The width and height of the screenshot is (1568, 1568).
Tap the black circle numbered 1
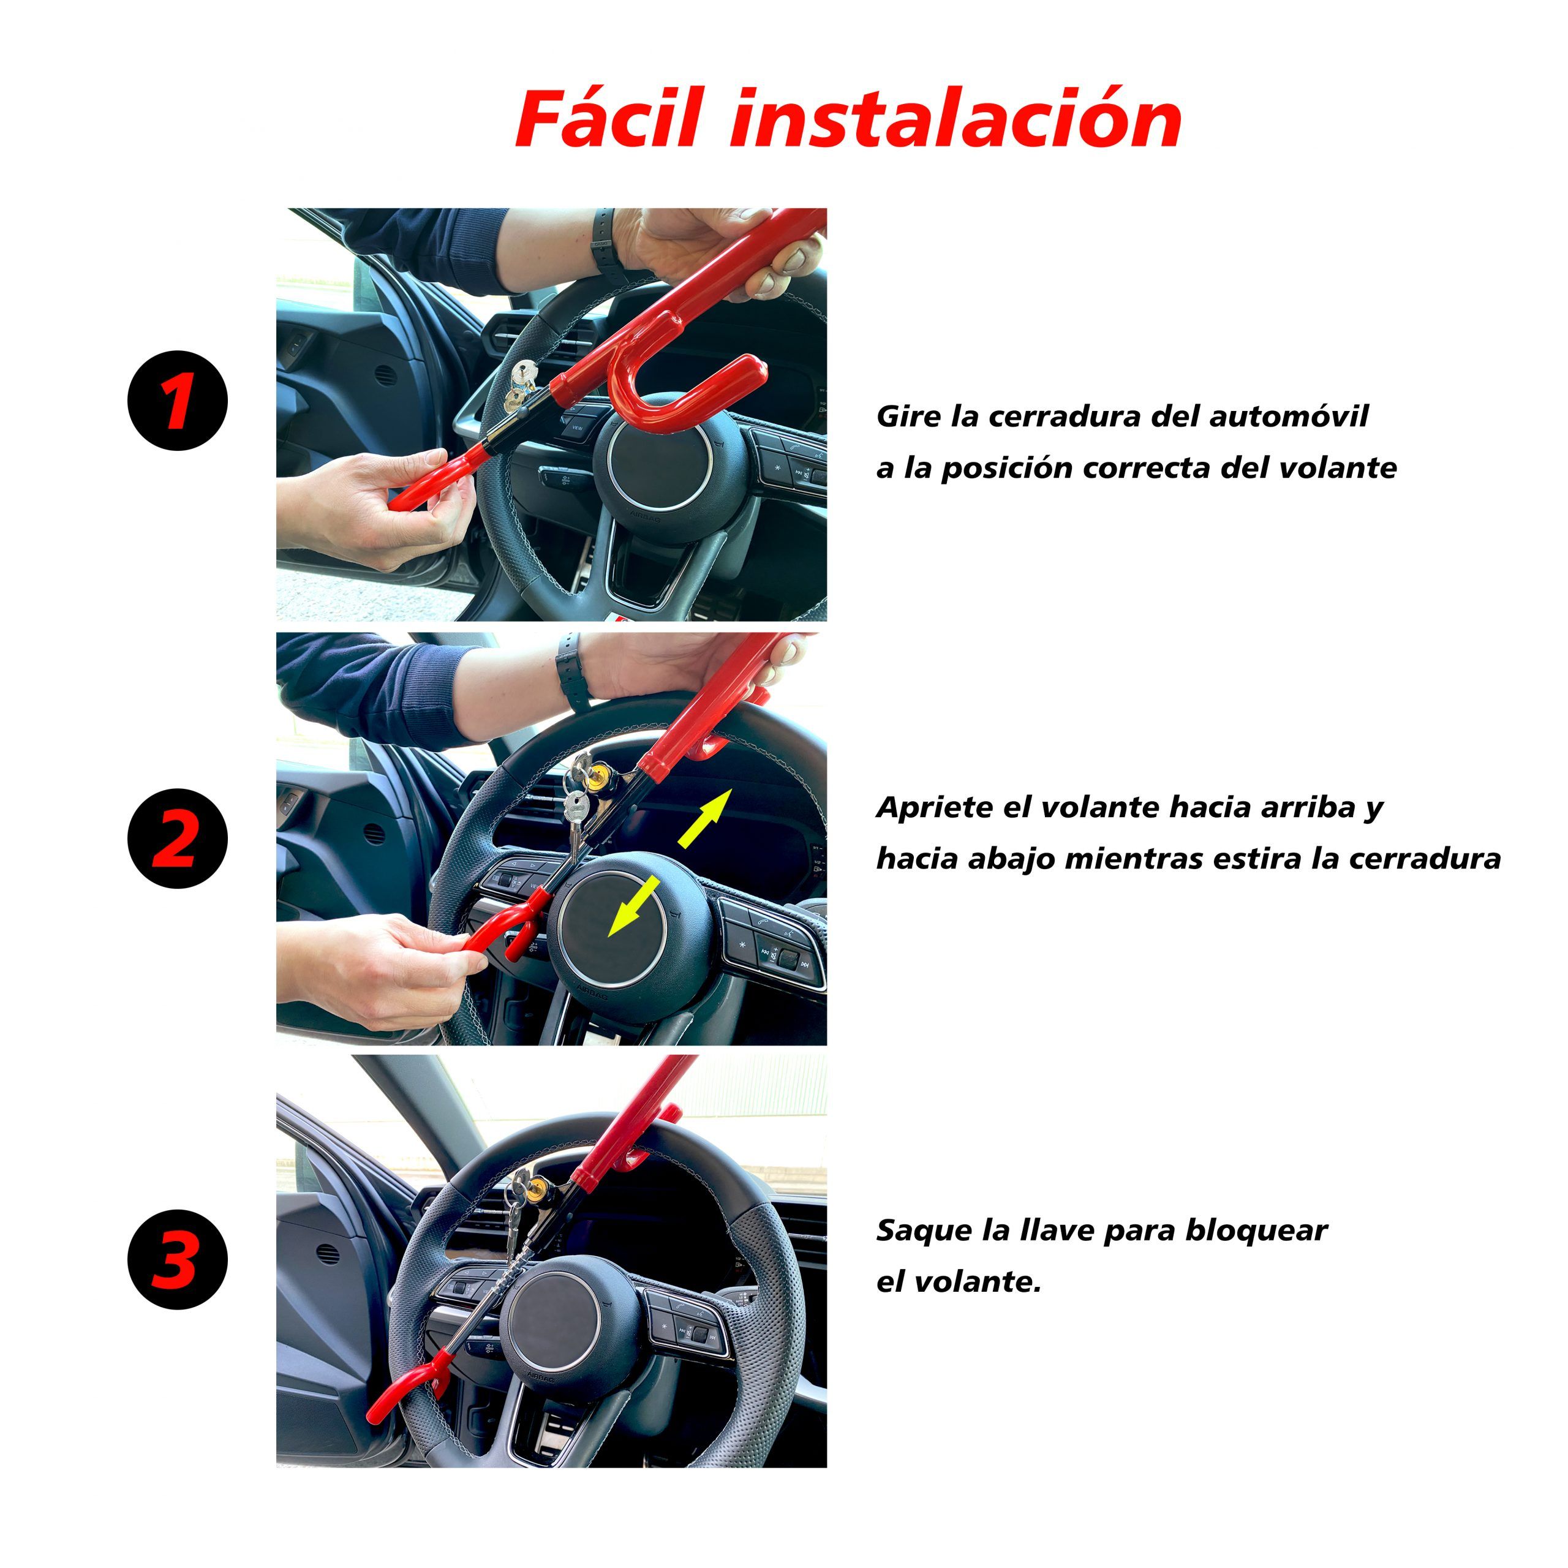[178, 401]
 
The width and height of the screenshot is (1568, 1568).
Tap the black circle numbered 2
[178, 839]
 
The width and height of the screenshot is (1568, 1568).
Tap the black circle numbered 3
[178, 1259]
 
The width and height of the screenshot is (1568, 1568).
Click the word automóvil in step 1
[1289, 417]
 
